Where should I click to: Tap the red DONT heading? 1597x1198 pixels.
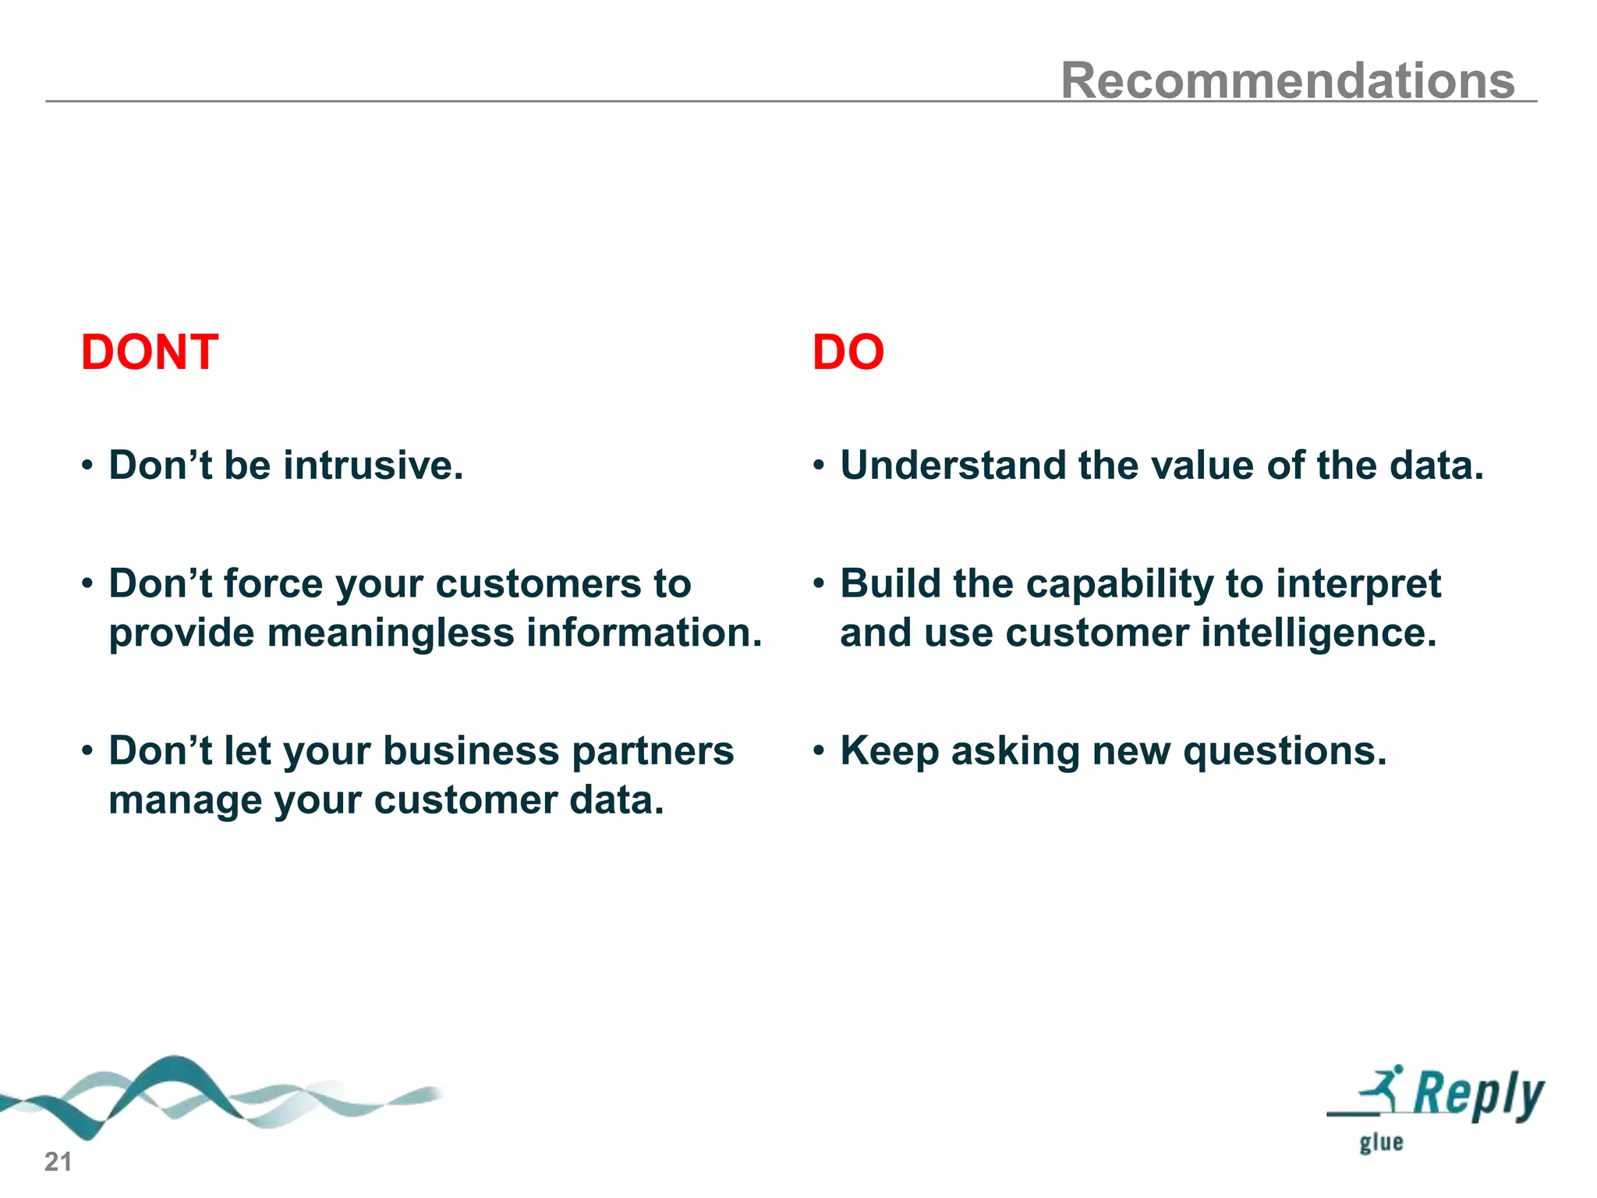(150, 353)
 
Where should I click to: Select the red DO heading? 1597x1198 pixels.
(848, 353)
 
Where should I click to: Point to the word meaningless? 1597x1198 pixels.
(391, 633)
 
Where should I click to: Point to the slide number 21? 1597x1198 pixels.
(58, 1162)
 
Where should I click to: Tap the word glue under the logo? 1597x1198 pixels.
(1381, 1143)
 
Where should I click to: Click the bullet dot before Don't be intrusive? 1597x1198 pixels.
(87, 466)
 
